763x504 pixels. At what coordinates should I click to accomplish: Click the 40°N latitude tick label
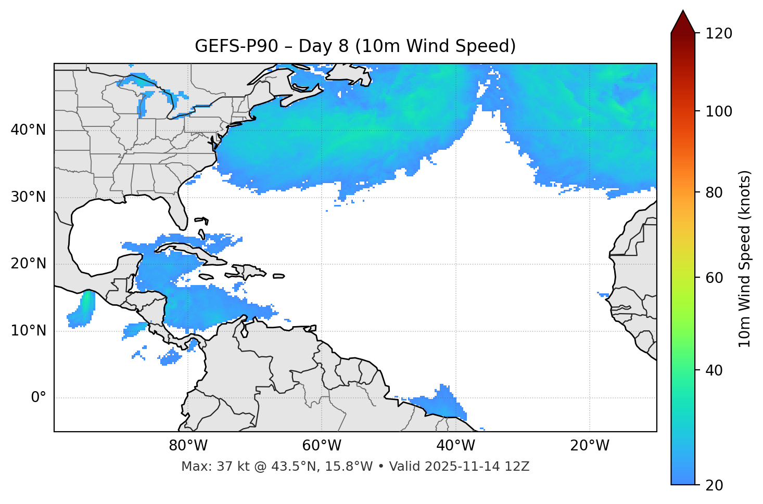click(28, 130)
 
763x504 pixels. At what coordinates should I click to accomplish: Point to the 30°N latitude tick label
click(28, 197)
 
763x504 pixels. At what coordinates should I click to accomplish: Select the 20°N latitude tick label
click(28, 264)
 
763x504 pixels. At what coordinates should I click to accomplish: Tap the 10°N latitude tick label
click(28, 331)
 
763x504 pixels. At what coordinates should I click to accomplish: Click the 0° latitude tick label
click(39, 398)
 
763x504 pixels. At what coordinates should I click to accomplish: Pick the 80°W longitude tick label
click(188, 446)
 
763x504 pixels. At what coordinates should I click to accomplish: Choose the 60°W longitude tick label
click(322, 446)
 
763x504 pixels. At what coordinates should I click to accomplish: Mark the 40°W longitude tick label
click(456, 446)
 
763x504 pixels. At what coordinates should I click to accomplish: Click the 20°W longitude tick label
click(590, 446)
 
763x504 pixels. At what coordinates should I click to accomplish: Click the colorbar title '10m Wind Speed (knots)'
click(745, 259)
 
